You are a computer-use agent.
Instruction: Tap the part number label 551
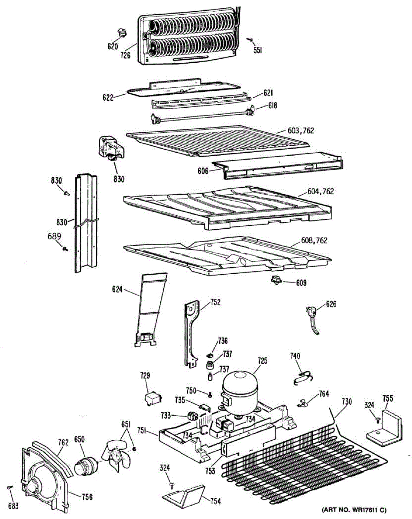point(258,50)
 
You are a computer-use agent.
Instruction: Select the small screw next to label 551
point(250,40)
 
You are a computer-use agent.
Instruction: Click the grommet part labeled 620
point(121,32)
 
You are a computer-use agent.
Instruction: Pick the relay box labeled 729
point(152,399)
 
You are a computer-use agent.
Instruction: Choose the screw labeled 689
point(65,249)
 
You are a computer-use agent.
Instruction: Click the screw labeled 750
point(210,394)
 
